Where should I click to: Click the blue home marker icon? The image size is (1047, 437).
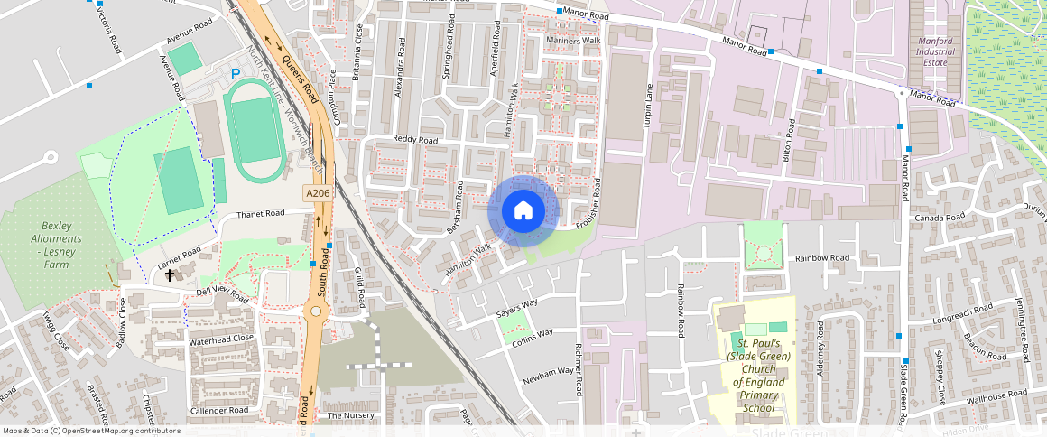coord(523,210)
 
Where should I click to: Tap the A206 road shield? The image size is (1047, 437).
coord(317,193)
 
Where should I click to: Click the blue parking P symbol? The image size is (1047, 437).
coord(236,74)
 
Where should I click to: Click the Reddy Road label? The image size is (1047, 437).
coord(415,140)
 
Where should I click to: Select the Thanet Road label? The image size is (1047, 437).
coord(260,214)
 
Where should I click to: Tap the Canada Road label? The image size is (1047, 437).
coord(940,218)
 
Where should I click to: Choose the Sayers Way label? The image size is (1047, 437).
coord(517,306)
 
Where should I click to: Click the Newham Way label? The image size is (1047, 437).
coord(548,371)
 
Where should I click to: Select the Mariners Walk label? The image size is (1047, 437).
coord(573,41)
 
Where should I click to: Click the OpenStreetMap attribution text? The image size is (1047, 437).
coord(91,431)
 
